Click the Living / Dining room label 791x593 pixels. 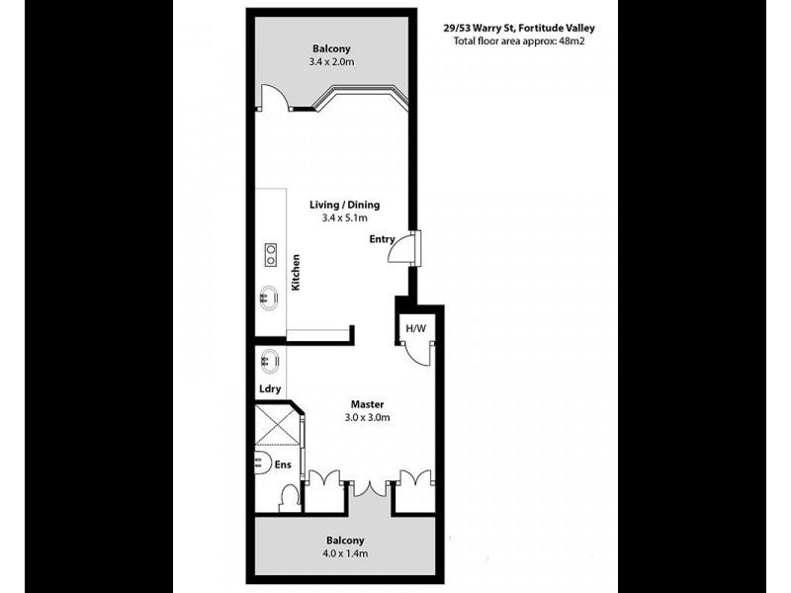click(x=344, y=205)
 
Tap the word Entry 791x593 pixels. click(x=382, y=239)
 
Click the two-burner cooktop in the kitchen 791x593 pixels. click(x=269, y=255)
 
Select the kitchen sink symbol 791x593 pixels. click(x=268, y=296)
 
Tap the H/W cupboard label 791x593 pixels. click(x=413, y=328)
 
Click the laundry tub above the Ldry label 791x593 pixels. click(x=268, y=361)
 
